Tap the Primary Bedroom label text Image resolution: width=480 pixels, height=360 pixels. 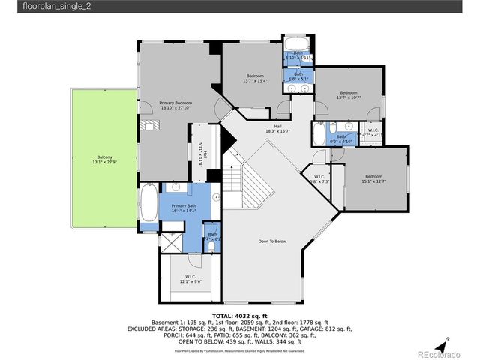(x=176, y=105)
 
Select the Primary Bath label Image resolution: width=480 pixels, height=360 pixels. (x=184, y=208)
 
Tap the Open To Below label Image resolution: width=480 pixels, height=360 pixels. (x=273, y=241)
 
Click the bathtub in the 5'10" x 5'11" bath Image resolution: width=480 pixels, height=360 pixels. (x=298, y=43)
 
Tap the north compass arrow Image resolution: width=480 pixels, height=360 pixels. (x=445, y=340)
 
